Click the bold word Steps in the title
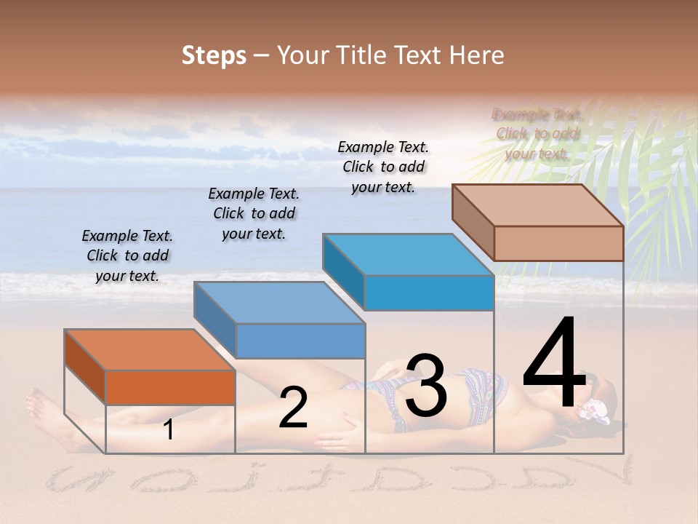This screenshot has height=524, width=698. click(x=214, y=55)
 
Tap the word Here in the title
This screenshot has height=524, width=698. click(x=476, y=55)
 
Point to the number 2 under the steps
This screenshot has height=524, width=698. click(x=293, y=408)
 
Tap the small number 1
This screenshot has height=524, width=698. click(x=169, y=430)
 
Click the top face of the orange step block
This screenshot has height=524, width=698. click(x=149, y=350)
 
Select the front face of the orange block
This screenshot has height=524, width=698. click(x=170, y=387)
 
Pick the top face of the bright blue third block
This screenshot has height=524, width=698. click(x=408, y=255)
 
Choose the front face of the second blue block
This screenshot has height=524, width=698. click(x=300, y=341)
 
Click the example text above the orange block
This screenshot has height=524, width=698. click(x=127, y=255)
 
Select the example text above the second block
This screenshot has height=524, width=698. click(x=254, y=213)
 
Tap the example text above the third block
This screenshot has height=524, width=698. click(x=383, y=167)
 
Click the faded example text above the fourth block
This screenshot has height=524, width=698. click(x=537, y=133)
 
